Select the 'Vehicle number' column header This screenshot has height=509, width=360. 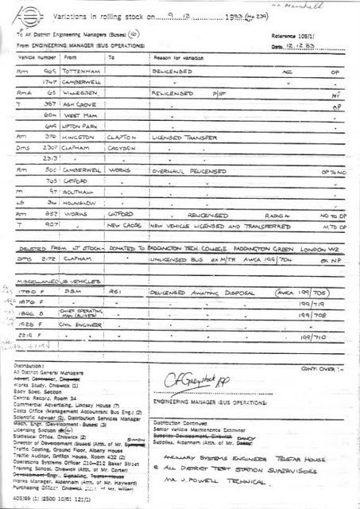click(x=36, y=58)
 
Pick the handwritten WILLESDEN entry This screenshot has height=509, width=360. click(x=81, y=92)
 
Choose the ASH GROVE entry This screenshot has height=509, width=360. click(x=81, y=103)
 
